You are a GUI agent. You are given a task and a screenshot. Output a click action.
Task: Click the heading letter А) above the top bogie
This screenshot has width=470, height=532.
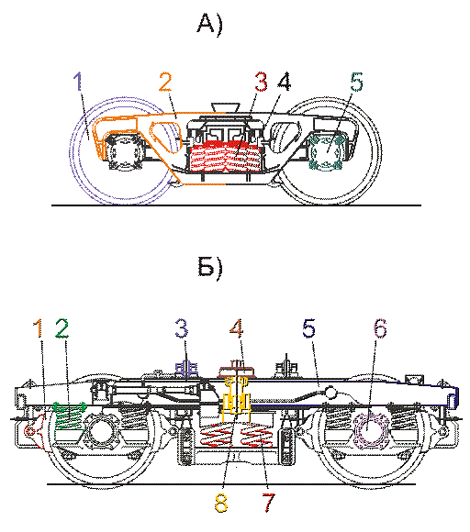209,25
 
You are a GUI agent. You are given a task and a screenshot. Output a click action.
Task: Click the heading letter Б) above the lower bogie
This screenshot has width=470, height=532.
210,268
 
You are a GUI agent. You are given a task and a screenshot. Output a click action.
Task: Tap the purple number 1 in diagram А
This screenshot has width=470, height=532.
78,81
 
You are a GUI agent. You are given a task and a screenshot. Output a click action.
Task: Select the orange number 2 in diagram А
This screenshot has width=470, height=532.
165,82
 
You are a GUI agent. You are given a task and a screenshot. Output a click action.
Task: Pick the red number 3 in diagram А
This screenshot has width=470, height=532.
261,82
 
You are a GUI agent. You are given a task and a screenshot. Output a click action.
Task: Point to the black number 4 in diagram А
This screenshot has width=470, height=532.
285,82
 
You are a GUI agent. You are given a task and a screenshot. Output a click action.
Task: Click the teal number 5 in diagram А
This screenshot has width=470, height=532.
356,82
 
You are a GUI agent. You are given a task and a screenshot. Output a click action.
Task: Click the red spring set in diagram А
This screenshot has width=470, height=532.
227,155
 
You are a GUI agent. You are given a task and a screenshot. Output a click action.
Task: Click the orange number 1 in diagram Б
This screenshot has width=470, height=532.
39,328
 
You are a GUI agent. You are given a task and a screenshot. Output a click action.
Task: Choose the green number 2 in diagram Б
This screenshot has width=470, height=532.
62,328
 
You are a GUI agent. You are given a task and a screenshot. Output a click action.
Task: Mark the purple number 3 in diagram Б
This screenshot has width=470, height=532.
182,328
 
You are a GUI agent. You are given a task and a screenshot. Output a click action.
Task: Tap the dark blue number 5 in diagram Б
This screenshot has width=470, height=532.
308,328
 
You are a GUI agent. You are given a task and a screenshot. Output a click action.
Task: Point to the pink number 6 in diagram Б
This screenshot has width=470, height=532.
380,328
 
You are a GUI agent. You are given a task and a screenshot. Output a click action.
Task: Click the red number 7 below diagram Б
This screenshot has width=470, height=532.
268,503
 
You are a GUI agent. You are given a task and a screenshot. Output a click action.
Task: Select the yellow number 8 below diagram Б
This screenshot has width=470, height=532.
221,503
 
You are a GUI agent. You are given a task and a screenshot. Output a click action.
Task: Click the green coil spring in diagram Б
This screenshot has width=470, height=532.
70,416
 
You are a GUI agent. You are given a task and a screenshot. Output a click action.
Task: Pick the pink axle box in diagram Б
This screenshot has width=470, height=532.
370,428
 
